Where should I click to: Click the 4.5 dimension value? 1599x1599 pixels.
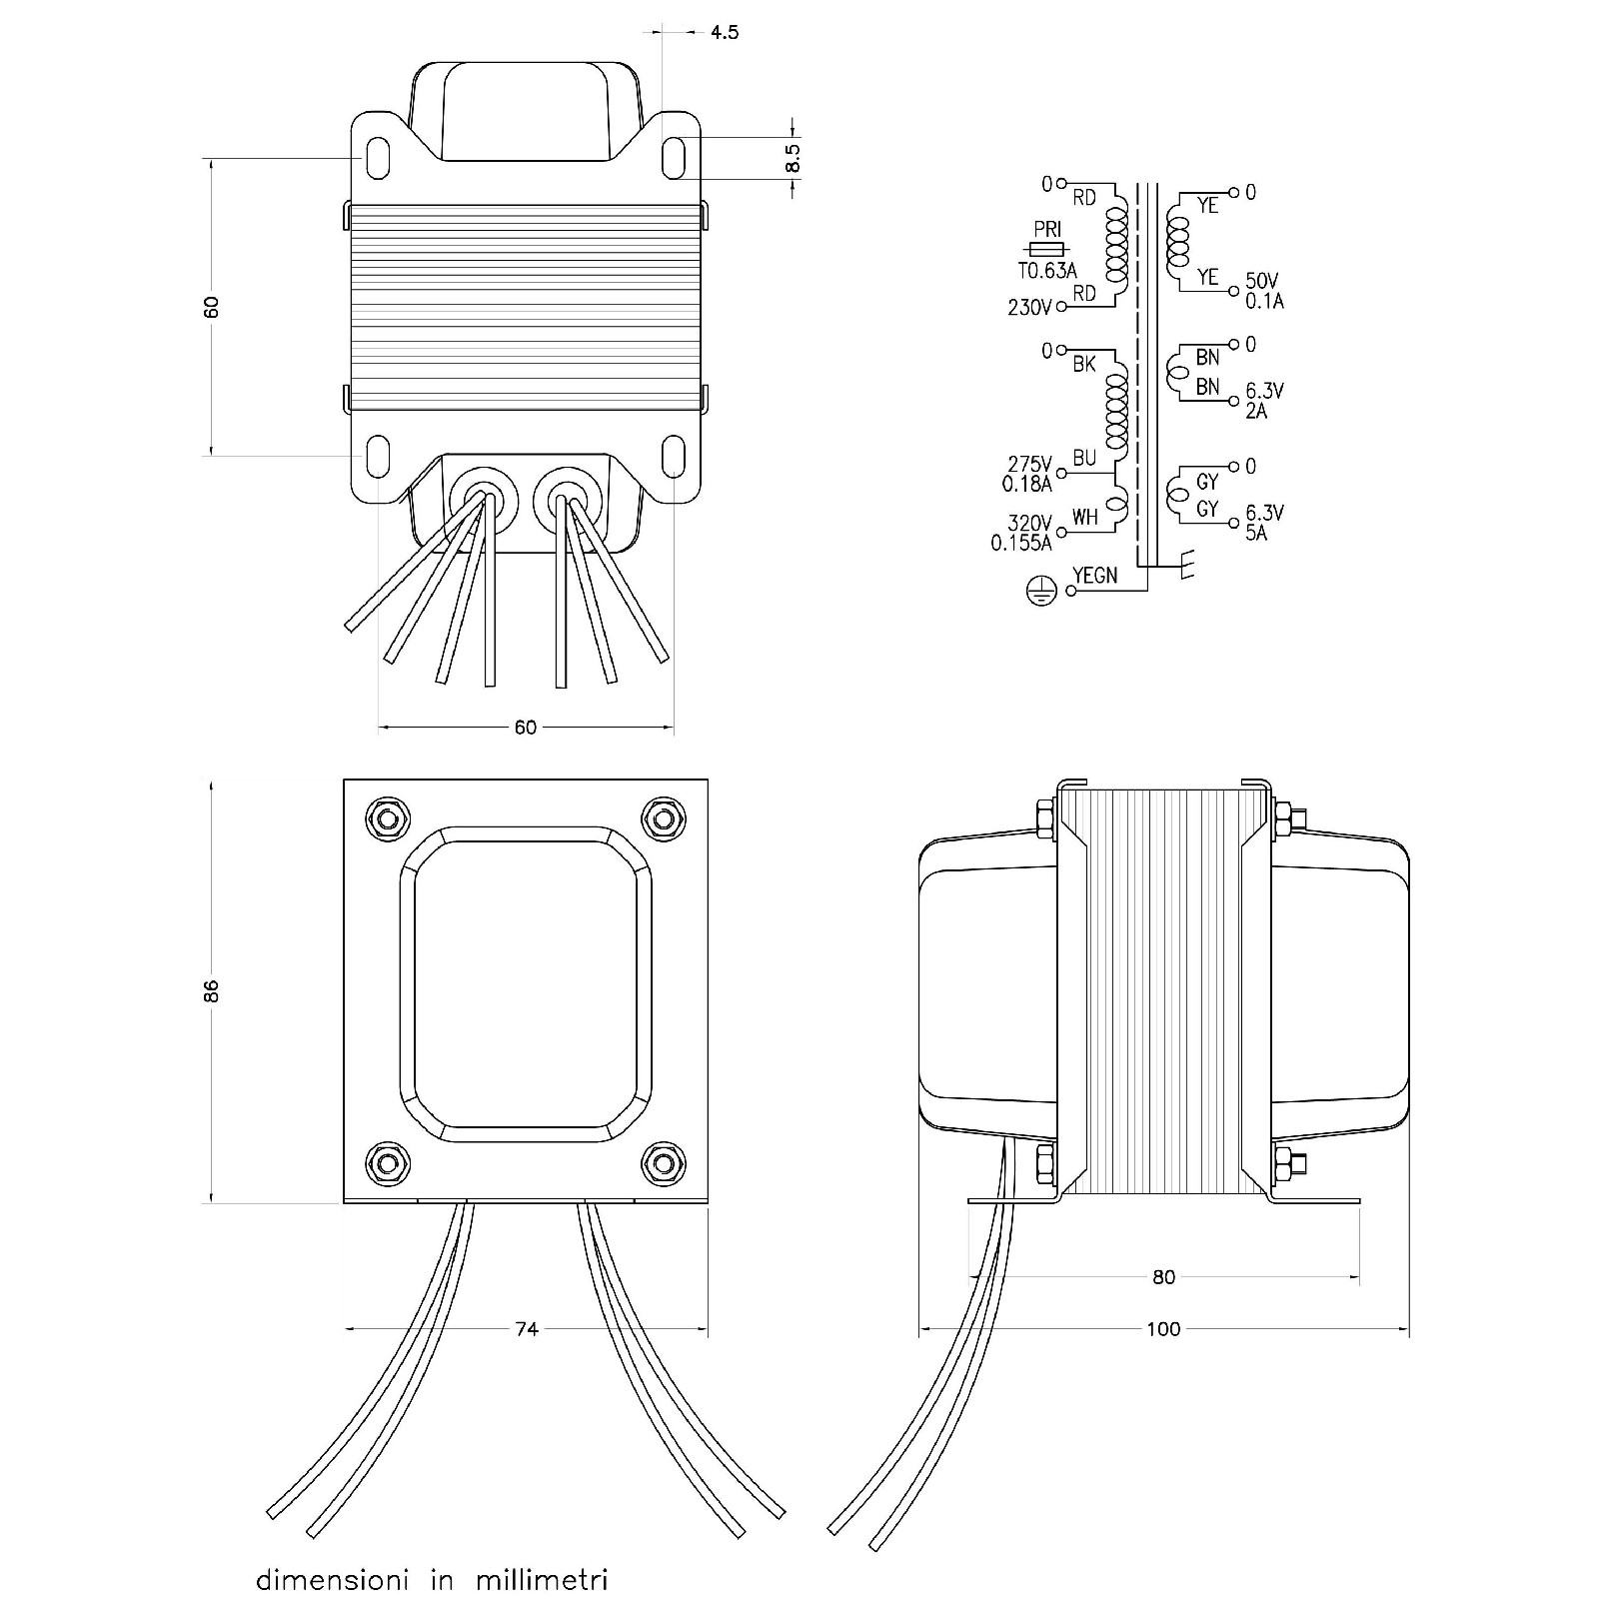(x=725, y=33)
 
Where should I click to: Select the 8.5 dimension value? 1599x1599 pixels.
(x=793, y=158)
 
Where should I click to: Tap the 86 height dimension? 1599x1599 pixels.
(x=211, y=990)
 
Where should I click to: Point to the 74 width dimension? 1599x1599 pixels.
(x=527, y=1329)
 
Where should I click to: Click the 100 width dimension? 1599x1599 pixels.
(x=1163, y=1329)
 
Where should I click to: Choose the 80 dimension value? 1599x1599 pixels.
(x=1163, y=1277)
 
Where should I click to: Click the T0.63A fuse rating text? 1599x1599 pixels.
(x=1047, y=271)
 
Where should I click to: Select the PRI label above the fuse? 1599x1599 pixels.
(x=1047, y=231)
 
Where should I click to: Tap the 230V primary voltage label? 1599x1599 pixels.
(x=1029, y=309)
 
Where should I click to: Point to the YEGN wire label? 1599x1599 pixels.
(x=1094, y=577)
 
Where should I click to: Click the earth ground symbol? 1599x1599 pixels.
(x=1040, y=592)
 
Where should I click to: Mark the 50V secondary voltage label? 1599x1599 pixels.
(x=1262, y=282)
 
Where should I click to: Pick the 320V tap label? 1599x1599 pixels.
(x=1030, y=524)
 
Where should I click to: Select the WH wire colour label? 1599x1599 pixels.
(x=1084, y=518)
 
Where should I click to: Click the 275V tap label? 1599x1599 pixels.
(x=1030, y=465)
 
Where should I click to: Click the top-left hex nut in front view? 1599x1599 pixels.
(x=387, y=818)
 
